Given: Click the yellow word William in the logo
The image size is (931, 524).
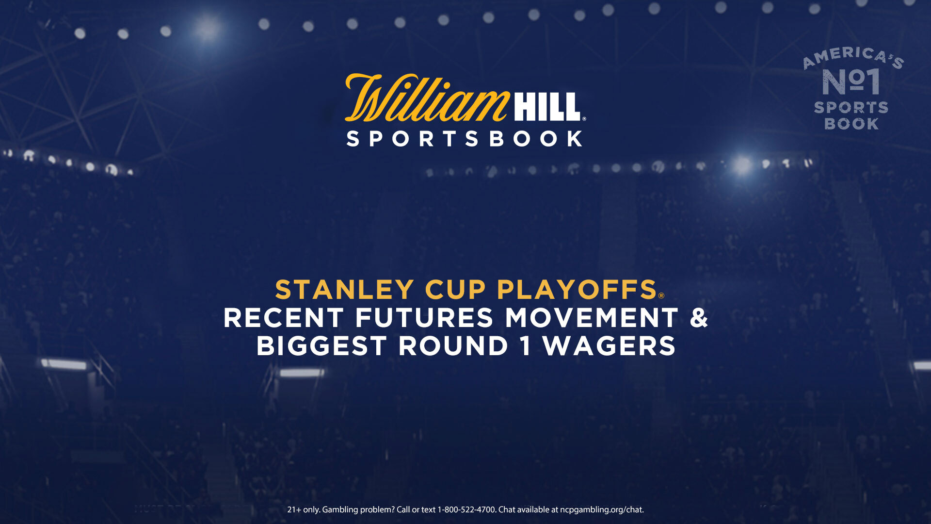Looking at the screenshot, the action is tap(427, 98).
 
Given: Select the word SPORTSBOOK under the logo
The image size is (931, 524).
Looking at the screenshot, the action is tap(465, 139).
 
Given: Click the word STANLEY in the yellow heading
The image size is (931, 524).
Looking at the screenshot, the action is tap(345, 290).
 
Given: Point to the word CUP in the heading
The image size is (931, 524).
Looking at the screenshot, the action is tap(455, 290).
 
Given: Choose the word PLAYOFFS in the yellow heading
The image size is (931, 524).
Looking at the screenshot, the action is tap(577, 290).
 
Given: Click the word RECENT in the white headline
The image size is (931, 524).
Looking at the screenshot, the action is tap(283, 318).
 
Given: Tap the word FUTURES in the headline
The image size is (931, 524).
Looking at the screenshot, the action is tap(424, 318).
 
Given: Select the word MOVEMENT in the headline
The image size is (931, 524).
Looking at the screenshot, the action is tap(592, 318).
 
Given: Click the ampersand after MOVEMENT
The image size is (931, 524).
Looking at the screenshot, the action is tap(699, 318).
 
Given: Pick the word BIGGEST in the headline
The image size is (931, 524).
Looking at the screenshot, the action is tap(321, 346).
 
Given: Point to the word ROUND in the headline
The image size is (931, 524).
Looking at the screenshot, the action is tap(453, 346).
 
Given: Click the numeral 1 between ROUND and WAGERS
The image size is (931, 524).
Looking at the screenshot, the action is tap(526, 346).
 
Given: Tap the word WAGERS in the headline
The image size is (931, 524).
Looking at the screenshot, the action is tap(609, 346).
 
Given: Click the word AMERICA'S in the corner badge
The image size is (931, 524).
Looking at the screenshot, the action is tap(853, 57).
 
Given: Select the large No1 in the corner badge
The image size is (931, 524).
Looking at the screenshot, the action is tap(851, 82).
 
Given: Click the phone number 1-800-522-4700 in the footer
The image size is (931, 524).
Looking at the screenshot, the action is tap(466, 509).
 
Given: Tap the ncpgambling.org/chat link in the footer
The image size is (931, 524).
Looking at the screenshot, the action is tap(601, 510).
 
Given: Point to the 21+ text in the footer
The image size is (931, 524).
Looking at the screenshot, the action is tap(294, 509).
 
